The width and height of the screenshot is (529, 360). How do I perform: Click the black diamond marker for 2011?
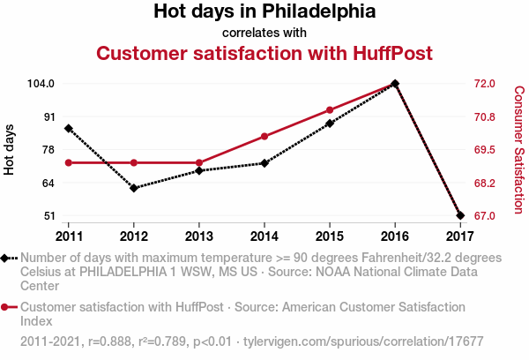69,129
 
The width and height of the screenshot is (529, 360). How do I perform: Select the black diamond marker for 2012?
134,188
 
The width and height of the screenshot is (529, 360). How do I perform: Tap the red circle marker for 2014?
264,137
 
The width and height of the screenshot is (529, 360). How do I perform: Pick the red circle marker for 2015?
330,110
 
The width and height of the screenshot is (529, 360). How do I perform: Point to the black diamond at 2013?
199,170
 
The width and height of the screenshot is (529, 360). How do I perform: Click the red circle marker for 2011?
69,163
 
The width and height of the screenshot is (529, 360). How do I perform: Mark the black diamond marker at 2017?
460,215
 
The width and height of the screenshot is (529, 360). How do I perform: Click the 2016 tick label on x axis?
395,236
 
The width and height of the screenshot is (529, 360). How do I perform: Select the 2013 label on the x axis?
199,236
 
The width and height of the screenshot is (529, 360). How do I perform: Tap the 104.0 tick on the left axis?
41,84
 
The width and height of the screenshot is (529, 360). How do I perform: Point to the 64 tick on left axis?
48,183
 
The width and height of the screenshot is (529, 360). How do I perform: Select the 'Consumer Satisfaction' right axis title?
518,150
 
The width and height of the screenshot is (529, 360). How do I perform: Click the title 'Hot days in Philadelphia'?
264,12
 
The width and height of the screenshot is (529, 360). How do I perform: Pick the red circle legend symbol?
6,307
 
